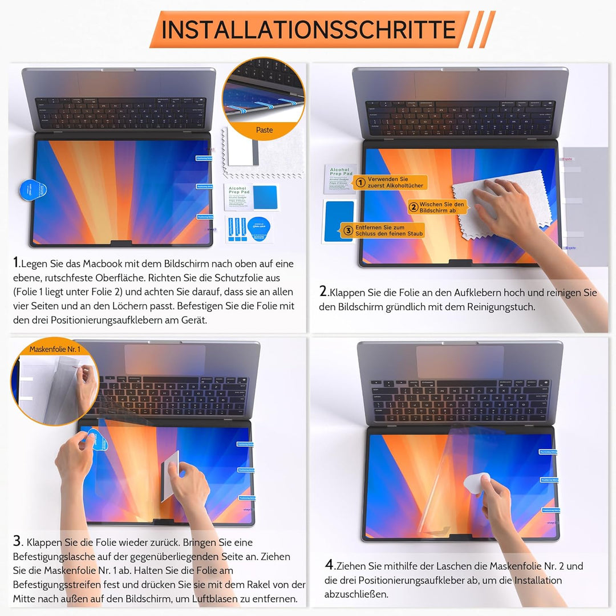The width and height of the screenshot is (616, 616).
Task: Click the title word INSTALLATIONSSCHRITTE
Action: (x=308, y=29)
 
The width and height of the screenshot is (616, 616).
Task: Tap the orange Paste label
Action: (x=264, y=130)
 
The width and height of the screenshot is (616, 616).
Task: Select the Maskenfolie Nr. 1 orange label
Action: (x=55, y=348)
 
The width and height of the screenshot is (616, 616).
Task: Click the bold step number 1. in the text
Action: (x=17, y=263)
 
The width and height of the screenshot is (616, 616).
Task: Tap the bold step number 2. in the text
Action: (x=323, y=292)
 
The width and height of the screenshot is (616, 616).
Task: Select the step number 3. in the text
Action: (x=18, y=542)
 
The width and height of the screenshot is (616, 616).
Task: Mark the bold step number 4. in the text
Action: (x=329, y=566)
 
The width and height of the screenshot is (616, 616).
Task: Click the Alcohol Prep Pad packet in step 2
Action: (x=341, y=177)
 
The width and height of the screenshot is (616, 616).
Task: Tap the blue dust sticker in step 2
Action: (x=339, y=222)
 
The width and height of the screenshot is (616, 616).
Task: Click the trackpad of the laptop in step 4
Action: (x=460, y=361)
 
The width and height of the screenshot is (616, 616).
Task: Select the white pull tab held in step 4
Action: (x=476, y=484)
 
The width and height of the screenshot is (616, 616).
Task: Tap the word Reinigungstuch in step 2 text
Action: (x=500, y=307)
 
